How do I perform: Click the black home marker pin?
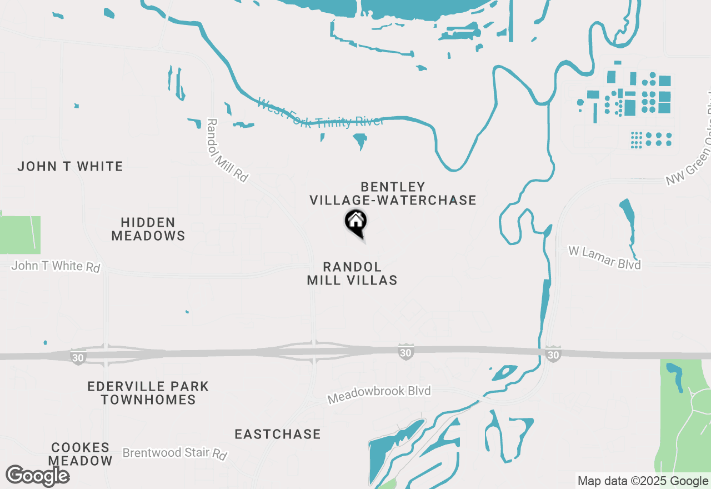click(356, 223)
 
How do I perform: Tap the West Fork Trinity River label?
click(321, 113)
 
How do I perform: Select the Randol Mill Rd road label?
click(227, 151)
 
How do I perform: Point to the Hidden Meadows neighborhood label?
click(148, 229)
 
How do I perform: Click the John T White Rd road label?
click(56, 266)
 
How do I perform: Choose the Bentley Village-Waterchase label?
click(393, 193)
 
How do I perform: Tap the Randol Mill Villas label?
click(352, 273)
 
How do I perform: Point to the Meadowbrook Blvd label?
click(379, 395)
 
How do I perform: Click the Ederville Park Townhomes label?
click(148, 393)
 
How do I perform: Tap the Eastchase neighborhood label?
click(278, 434)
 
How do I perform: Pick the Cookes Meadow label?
click(81, 454)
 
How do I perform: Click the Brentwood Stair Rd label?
click(175, 453)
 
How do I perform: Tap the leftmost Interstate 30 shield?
click(78, 357)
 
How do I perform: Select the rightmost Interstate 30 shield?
click(553, 353)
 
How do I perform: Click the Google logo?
click(37, 476)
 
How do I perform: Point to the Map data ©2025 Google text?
click(643, 481)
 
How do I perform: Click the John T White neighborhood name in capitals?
click(70, 166)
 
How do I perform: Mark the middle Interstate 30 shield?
click(406, 352)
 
